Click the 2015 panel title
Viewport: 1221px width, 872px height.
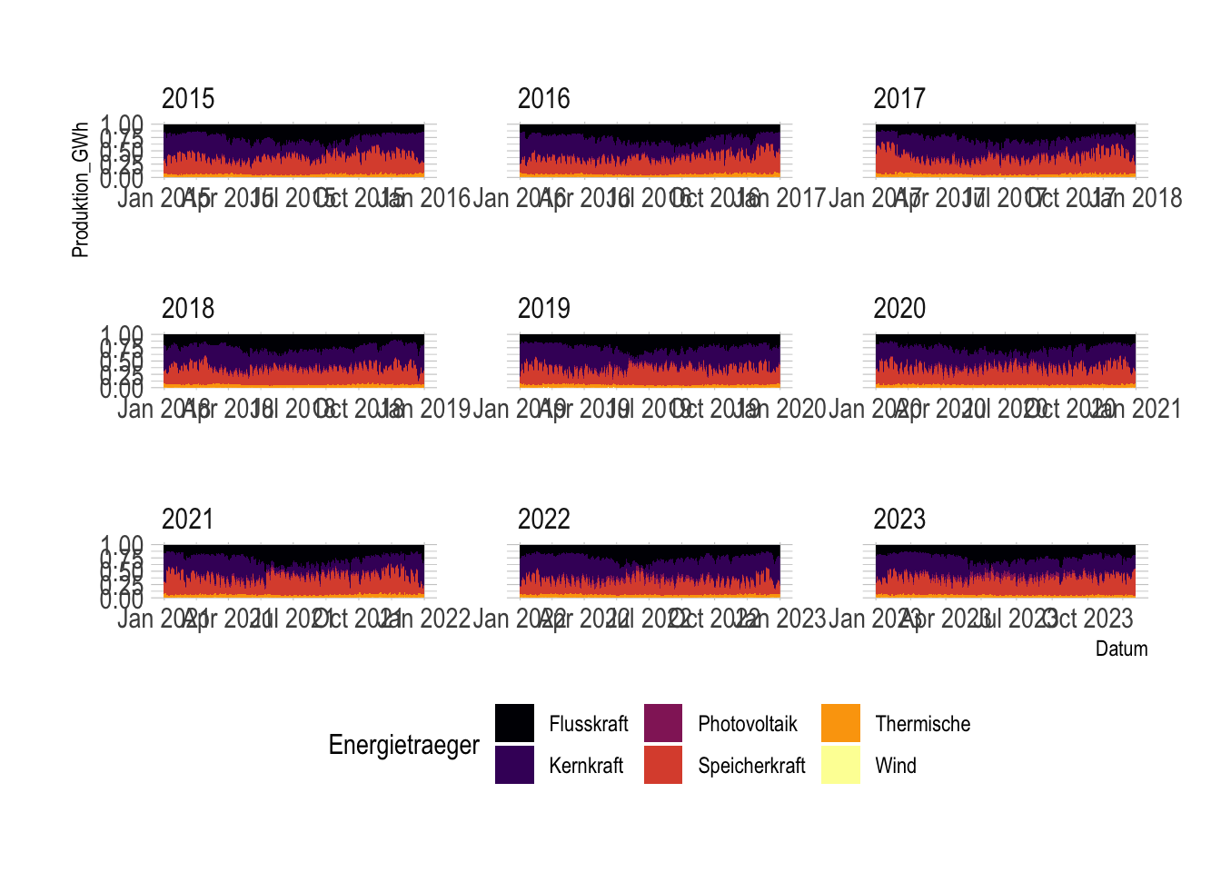[188, 98]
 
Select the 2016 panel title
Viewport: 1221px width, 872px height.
[543, 98]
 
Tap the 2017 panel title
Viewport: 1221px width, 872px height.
[899, 98]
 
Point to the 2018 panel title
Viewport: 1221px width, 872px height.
[188, 309]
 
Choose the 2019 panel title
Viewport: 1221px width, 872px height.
[543, 309]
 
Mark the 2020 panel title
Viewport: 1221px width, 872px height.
[899, 309]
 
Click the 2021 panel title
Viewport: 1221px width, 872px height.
[188, 520]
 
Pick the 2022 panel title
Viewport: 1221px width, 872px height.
[543, 520]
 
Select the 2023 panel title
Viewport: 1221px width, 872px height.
[899, 520]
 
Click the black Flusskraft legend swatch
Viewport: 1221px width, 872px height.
[514, 723]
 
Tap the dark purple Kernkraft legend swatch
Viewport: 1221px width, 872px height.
[514, 765]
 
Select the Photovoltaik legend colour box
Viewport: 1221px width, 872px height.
[663, 723]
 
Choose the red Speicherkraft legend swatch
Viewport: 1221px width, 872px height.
[663, 765]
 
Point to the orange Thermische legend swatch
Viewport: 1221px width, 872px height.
[840, 723]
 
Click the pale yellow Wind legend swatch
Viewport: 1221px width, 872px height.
[840, 765]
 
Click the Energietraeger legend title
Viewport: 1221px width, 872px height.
[403, 745]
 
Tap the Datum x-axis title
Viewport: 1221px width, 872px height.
[1121, 649]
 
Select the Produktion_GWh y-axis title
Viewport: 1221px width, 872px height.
[81, 189]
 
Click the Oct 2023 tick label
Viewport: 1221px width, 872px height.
[1086, 619]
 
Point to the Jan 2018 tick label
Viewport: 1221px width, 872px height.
[1137, 198]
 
